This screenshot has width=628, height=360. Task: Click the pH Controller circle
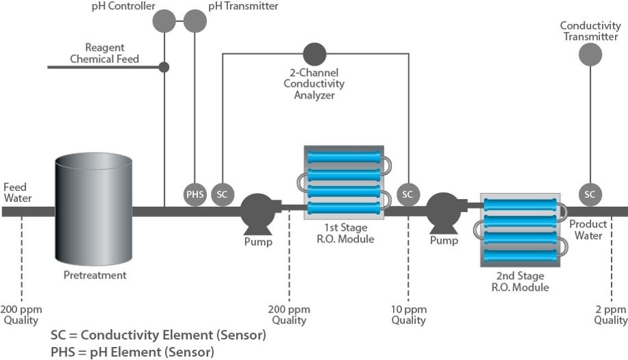click(x=164, y=21)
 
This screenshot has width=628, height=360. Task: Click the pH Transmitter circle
click(x=194, y=21)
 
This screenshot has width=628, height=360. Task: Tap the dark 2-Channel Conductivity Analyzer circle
click(x=314, y=53)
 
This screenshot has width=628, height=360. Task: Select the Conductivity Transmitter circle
click(x=590, y=54)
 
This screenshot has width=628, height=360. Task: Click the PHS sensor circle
click(x=195, y=194)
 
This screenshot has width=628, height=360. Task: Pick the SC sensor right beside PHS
click(x=222, y=194)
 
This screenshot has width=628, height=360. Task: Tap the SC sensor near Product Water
click(x=590, y=194)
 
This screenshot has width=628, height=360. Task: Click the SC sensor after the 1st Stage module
click(x=407, y=194)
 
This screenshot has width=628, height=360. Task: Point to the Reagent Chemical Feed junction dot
click(x=164, y=67)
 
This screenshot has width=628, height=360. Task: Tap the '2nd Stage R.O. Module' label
click(x=520, y=281)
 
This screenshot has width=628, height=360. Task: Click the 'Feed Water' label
click(x=18, y=192)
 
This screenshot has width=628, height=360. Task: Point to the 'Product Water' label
click(x=588, y=230)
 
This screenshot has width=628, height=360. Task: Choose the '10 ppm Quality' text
click(x=409, y=314)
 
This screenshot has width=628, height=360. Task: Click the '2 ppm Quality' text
click(x=610, y=314)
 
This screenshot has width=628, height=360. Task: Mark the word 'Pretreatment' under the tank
click(x=95, y=275)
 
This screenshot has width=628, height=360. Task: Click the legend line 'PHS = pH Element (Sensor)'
click(x=132, y=352)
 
